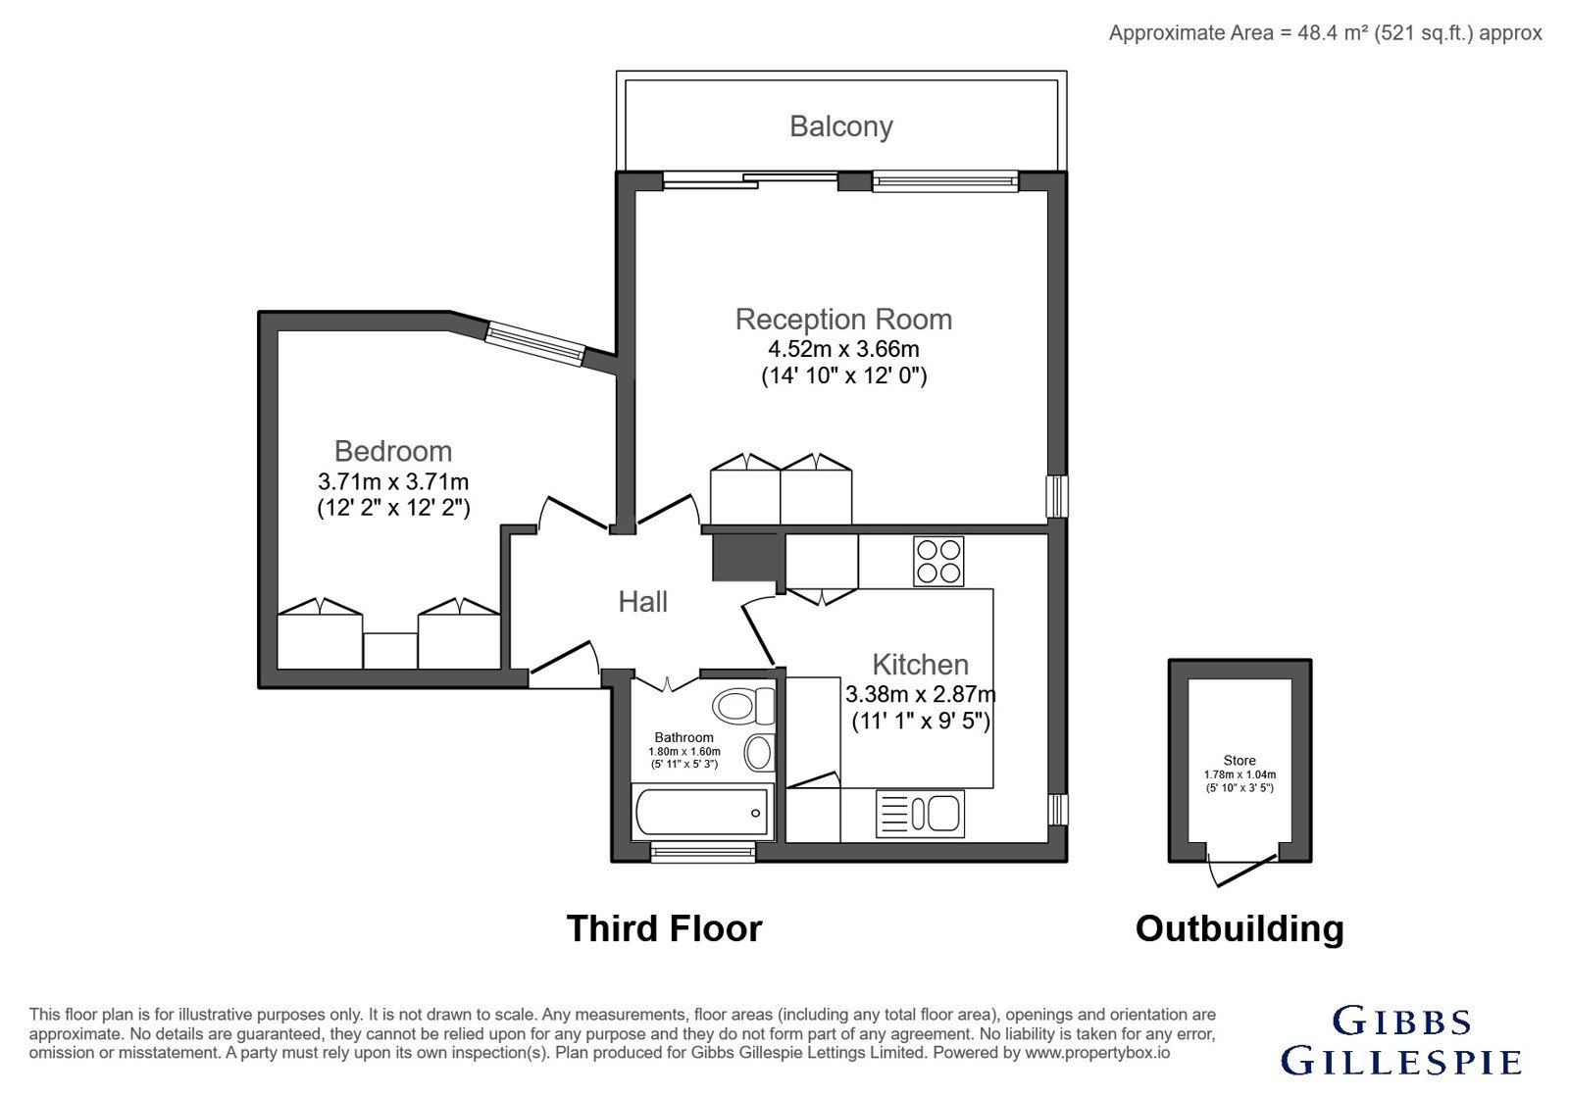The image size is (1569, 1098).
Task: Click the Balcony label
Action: click(x=841, y=126)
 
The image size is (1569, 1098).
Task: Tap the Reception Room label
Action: click(x=843, y=320)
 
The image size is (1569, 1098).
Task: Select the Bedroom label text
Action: click(x=393, y=451)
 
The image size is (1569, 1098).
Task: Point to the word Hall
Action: click(x=642, y=602)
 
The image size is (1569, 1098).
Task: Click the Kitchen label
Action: click(x=921, y=665)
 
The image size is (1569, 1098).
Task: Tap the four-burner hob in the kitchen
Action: click(x=938, y=562)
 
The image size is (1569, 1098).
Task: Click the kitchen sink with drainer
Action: click(x=921, y=814)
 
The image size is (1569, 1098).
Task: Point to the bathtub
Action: click(x=702, y=813)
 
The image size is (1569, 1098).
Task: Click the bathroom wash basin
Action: click(x=759, y=753)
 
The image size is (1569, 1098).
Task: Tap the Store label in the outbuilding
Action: click(x=1240, y=761)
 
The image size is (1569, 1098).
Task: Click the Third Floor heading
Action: click(x=664, y=928)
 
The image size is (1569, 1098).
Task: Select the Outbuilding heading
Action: click(x=1240, y=929)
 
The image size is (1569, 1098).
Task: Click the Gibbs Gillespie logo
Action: click(x=1401, y=1040)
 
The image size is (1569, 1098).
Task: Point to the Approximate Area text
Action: click(x=1325, y=33)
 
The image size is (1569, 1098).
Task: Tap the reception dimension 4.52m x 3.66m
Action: click(x=843, y=349)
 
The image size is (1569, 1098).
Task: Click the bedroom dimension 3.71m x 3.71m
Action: click(x=393, y=481)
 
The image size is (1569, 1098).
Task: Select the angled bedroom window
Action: click(x=535, y=343)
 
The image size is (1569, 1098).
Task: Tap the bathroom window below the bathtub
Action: click(x=702, y=852)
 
